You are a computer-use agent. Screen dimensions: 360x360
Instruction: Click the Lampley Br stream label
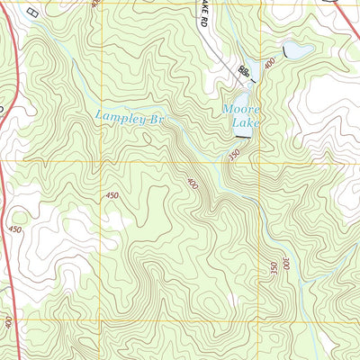pyautogui.click(x=131, y=117)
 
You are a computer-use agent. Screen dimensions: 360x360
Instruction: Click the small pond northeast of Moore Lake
pyautogui.click(x=298, y=50)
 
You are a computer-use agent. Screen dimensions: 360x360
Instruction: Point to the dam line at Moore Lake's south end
pyautogui.click(x=241, y=137)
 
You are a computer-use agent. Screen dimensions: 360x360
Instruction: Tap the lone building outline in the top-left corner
pyautogui.click(x=33, y=13)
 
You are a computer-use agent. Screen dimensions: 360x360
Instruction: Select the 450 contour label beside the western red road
pyautogui.click(x=15, y=229)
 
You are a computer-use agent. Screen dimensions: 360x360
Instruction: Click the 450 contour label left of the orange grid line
pyautogui.click(x=112, y=195)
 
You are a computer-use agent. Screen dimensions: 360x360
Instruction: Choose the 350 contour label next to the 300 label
pyautogui.click(x=273, y=267)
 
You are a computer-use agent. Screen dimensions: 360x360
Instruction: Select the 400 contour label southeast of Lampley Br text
pyautogui.click(x=191, y=183)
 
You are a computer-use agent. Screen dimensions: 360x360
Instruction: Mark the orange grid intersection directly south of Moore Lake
pyautogui.click(x=261, y=163)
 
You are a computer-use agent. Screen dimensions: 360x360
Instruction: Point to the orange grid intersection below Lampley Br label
pyautogui.click(x=102, y=162)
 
